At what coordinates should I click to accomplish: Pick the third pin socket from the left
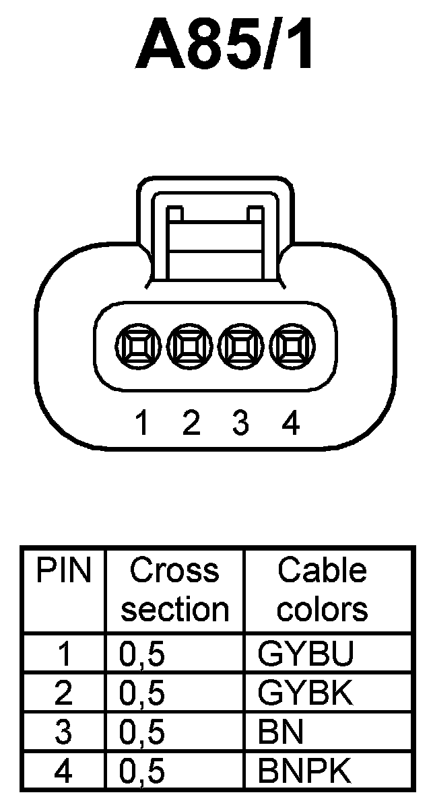pyautogui.click(x=240, y=348)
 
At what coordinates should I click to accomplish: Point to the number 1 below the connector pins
pyautogui.click(x=141, y=423)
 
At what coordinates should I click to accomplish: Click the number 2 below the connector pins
pyautogui.click(x=191, y=423)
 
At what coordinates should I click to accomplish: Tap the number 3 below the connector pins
pyautogui.click(x=240, y=423)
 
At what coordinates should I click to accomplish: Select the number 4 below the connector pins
pyautogui.click(x=290, y=423)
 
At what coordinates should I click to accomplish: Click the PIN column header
pyautogui.click(x=63, y=571)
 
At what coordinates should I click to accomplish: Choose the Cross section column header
pyautogui.click(x=174, y=590)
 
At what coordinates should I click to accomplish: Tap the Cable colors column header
pyautogui.click(x=323, y=590)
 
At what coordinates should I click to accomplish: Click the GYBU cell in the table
pyautogui.click(x=304, y=655)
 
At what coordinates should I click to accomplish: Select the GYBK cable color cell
pyautogui.click(x=304, y=693)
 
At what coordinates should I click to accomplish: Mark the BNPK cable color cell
pyautogui.click(x=304, y=771)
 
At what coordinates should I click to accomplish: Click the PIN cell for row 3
pyautogui.click(x=63, y=732)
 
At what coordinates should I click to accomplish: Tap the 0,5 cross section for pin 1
pyautogui.click(x=142, y=655)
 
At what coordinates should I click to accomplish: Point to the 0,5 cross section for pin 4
pyautogui.click(x=142, y=771)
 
